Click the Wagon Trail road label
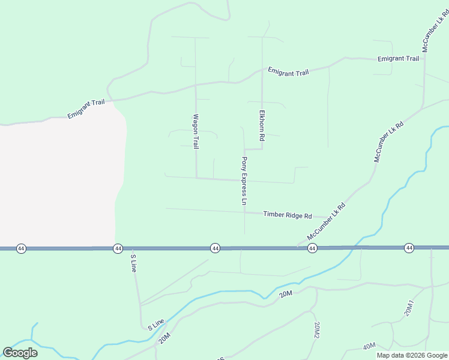(x=195, y=131)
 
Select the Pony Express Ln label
(x=244, y=181)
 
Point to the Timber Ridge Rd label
(x=288, y=215)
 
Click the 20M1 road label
(x=409, y=307)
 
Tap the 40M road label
(x=369, y=346)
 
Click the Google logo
(x=20, y=352)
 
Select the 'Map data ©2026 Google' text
(x=412, y=355)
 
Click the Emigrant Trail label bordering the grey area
(x=86, y=109)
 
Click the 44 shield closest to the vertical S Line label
(x=118, y=248)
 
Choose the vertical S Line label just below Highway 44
(x=134, y=263)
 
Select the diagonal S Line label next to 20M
(x=155, y=325)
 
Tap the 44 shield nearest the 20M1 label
(x=409, y=248)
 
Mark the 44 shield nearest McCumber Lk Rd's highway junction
(x=312, y=248)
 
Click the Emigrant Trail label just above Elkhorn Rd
(x=288, y=72)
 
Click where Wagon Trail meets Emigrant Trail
(x=195, y=85)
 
